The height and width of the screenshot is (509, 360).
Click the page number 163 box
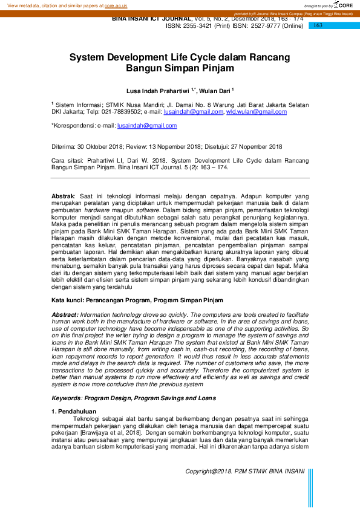click(318, 25)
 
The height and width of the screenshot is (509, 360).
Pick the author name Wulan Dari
click(215, 91)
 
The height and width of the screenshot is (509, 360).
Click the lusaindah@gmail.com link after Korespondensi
click(147, 126)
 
